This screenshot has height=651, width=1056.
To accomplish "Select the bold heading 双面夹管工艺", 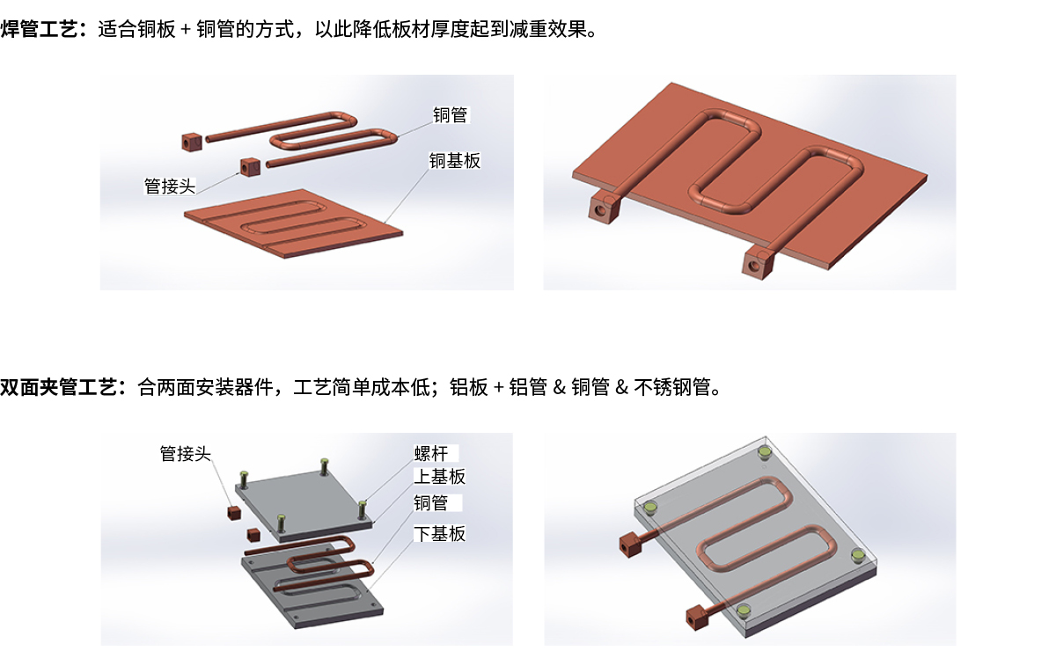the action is [58, 387].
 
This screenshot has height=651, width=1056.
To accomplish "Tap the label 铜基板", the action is [454, 161].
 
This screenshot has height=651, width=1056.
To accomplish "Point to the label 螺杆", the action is [431, 453].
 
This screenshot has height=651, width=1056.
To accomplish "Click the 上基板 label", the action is [439, 477].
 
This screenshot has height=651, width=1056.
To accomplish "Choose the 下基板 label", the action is [439, 534].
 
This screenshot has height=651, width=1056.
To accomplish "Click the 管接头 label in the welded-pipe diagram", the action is [170, 187].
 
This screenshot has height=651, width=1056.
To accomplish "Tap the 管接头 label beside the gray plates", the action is [186, 453].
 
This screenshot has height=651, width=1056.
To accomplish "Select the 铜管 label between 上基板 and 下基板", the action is [431, 503].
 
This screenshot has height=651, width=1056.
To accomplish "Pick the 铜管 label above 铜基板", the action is [451, 115].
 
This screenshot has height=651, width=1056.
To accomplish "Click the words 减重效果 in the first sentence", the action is [547, 29].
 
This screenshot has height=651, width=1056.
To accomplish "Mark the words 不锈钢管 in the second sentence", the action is [671, 387].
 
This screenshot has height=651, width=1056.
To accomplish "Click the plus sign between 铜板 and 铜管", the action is [186, 30].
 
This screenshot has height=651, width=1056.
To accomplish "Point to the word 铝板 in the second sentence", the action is [468, 387].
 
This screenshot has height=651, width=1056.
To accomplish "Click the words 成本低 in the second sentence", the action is [400, 387].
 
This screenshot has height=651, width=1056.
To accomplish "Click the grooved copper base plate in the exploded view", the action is [293, 223].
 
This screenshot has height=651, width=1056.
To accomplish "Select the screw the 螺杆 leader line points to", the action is [362, 509].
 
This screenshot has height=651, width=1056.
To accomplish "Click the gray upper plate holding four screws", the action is [304, 506].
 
